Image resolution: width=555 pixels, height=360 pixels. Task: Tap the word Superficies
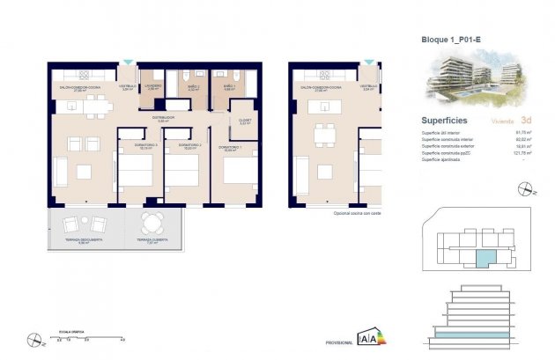click(445, 121)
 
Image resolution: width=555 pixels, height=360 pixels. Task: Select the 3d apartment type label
click(527, 120)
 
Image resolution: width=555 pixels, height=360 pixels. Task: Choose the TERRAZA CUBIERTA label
click(152, 239)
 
